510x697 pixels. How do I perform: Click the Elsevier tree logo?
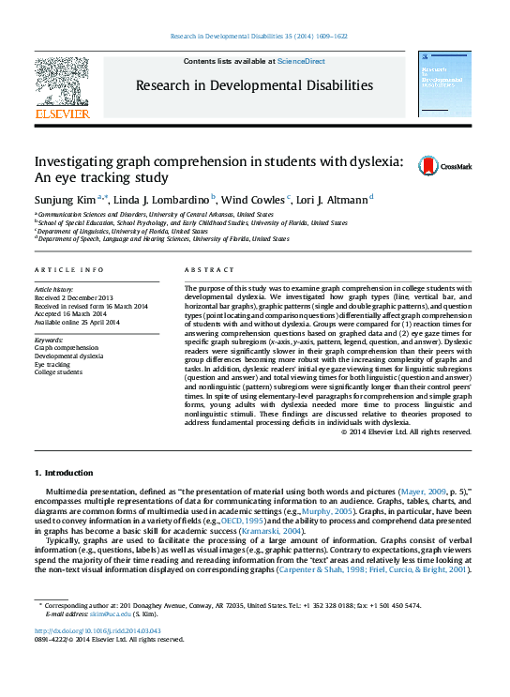[63, 83]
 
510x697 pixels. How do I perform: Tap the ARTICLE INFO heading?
[68, 270]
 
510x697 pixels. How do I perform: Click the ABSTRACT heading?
[202, 270]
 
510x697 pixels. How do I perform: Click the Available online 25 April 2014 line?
[77, 323]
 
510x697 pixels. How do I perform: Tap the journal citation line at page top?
[259, 36]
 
